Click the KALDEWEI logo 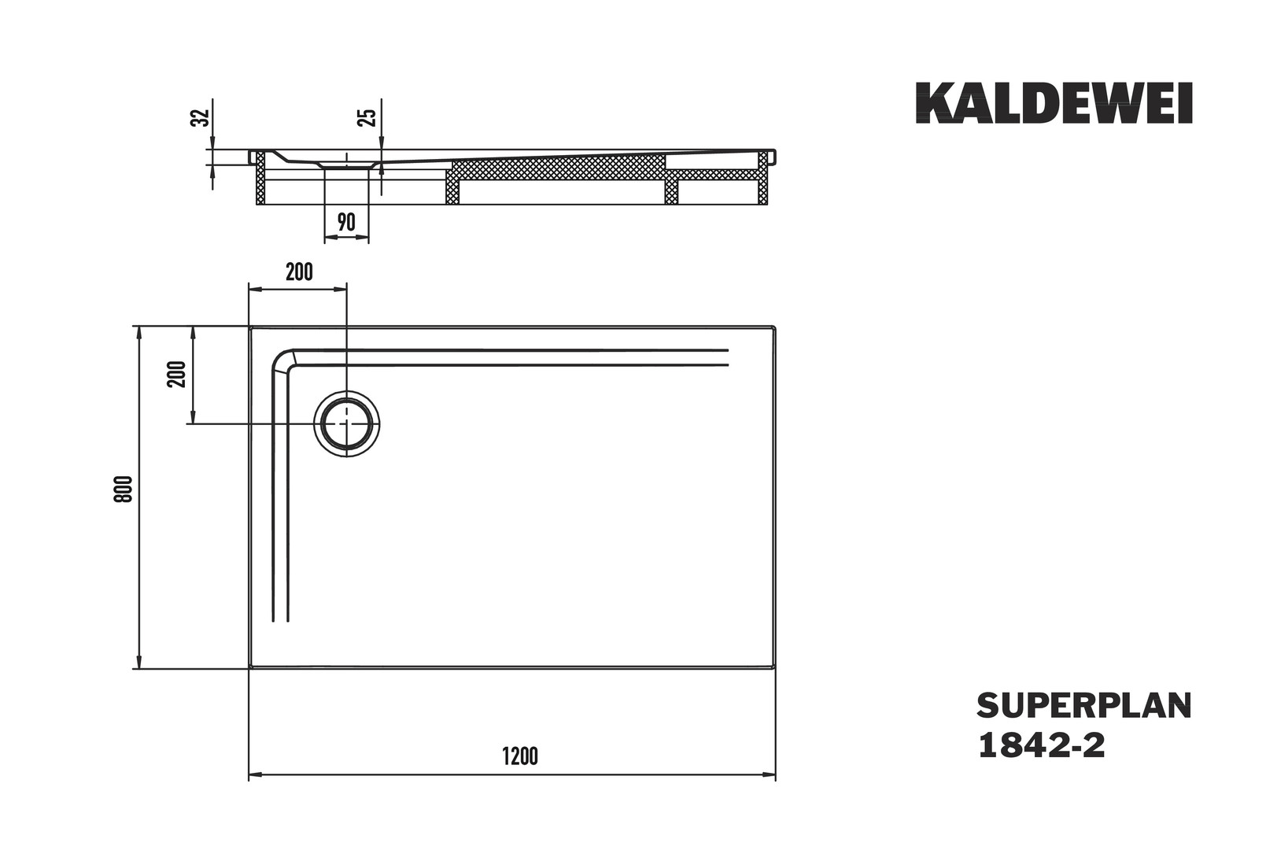click(1054, 103)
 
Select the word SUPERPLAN click(1083, 706)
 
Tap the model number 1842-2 click(1041, 745)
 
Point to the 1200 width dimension click(520, 756)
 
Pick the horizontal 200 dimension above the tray click(299, 272)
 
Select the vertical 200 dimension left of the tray click(178, 374)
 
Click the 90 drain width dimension click(346, 223)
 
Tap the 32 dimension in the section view click(201, 117)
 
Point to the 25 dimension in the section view click(367, 118)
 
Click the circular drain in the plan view click(347, 423)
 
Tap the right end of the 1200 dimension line click(774, 775)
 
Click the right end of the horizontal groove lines click(728, 357)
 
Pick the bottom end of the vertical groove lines click(281, 620)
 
